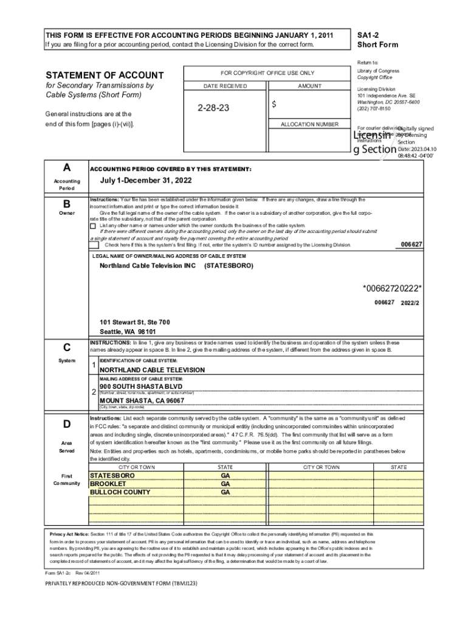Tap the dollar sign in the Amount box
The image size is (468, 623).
point(274,105)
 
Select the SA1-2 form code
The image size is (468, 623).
point(368,35)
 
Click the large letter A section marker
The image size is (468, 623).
point(66,167)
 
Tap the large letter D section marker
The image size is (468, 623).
point(66,424)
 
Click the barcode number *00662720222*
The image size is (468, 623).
point(392,288)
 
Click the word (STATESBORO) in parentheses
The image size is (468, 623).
point(229,266)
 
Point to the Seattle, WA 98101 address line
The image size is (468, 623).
point(128,332)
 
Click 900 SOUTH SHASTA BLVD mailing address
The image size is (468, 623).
point(141,387)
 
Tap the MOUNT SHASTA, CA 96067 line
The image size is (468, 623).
point(142,401)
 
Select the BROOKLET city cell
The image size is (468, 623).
point(108,484)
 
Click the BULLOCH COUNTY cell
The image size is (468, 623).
point(120,492)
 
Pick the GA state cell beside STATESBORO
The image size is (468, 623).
point(225,475)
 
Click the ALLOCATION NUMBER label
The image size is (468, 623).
point(309,125)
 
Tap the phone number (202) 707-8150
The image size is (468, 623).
point(374,109)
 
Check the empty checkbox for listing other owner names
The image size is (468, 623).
point(93,226)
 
